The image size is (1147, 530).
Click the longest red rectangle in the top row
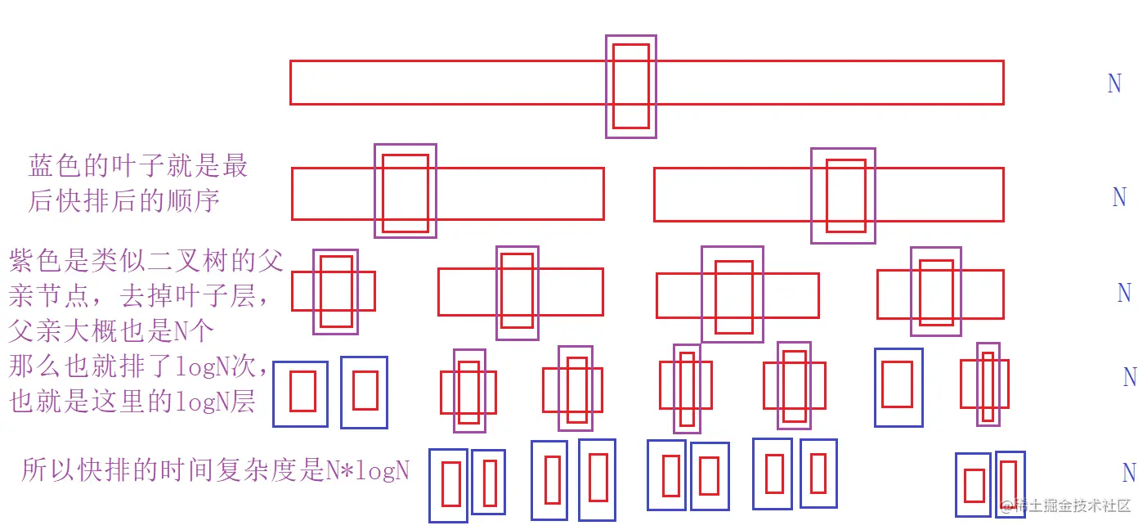(450, 82)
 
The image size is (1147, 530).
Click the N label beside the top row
(1113, 83)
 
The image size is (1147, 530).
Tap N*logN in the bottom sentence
(368, 470)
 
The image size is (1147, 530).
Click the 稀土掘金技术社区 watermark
(1071, 505)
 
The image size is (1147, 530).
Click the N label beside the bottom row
(1129, 473)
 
